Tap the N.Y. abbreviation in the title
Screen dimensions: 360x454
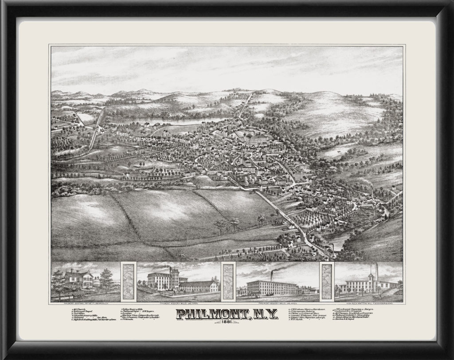pyautogui.click(x=266, y=314)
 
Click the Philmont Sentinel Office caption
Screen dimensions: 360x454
pyautogui.click(x=86, y=304)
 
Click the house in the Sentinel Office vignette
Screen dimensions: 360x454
pyautogui.click(x=79, y=279)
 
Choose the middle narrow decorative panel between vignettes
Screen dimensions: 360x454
pyautogui.click(x=228, y=281)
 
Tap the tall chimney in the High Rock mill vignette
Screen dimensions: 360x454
pyautogui.click(x=376, y=272)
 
